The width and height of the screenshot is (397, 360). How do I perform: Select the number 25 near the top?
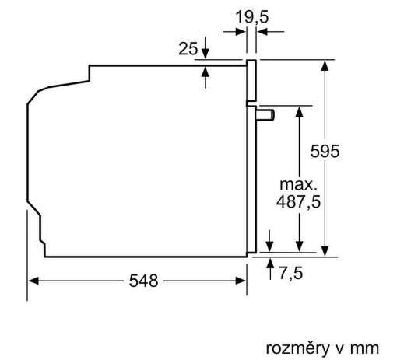click(188, 49)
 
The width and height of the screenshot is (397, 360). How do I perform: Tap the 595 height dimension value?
click(325, 152)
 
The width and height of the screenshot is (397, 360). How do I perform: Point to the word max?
click(300, 185)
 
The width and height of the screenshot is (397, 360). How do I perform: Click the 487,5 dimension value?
click(300, 202)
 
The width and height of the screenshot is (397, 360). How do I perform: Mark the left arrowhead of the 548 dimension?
click(33, 281)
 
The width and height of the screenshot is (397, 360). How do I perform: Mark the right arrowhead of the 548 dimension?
click(242, 281)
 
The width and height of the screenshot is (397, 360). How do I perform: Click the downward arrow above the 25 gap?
click(205, 53)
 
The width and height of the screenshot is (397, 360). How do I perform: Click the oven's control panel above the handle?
click(251, 82)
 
